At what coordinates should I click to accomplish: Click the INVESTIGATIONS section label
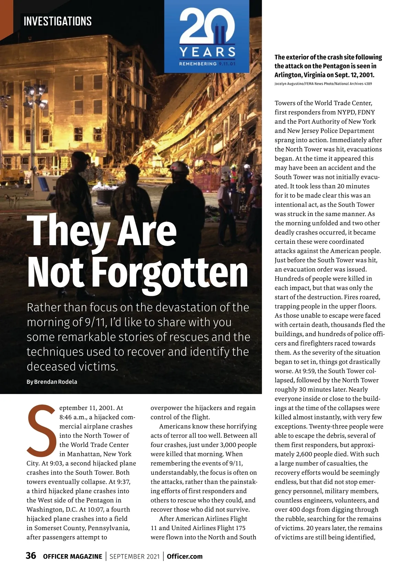[x=58, y=21]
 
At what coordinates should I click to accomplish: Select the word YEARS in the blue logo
[x=207, y=52]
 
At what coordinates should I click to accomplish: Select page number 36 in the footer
[x=31, y=556]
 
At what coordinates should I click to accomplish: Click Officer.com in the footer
[x=185, y=556]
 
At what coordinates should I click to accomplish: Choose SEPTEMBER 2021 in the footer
[x=135, y=557]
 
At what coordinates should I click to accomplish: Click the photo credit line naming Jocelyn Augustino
[x=323, y=84]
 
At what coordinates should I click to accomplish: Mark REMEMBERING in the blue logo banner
[x=198, y=64]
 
